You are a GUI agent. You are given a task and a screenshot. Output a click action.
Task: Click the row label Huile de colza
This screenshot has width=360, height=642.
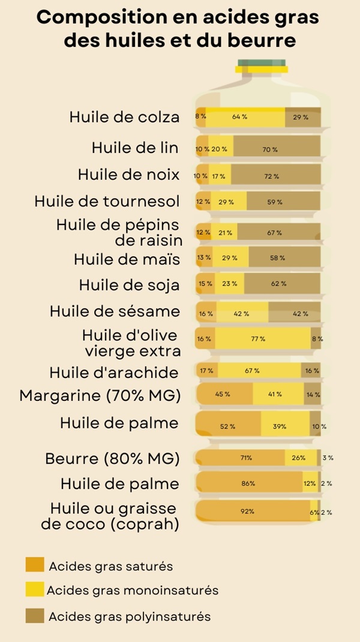click(x=124, y=117)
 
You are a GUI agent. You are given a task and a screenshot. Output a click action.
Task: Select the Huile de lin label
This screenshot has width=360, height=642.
click(x=135, y=147)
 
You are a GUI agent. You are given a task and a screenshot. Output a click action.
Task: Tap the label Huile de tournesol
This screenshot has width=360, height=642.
click(x=107, y=202)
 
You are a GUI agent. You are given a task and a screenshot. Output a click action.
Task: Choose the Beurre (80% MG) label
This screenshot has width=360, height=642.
click(x=112, y=459)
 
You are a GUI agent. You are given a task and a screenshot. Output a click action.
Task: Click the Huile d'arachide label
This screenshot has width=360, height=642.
click(x=114, y=373)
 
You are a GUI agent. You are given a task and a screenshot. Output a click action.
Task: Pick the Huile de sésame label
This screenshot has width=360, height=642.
click(x=115, y=311)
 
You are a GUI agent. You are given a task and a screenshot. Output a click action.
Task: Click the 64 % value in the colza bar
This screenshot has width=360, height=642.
click(x=240, y=117)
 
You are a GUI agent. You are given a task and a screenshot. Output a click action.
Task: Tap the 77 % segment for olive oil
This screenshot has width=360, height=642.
click(x=258, y=339)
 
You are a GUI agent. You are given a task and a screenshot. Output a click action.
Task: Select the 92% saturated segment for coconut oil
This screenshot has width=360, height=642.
click(x=248, y=512)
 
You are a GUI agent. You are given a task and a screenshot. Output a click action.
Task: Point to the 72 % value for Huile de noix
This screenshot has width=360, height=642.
click(x=272, y=176)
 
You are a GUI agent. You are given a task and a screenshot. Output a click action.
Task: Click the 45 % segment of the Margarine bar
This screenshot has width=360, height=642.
click(x=223, y=394)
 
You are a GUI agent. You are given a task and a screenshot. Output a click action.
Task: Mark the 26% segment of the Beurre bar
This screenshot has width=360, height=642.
click(x=298, y=458)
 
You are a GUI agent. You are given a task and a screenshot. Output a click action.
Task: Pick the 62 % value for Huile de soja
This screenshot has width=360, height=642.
click(x=278, y=283)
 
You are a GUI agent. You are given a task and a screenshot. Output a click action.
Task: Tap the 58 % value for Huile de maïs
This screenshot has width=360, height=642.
click(x=278, y=257)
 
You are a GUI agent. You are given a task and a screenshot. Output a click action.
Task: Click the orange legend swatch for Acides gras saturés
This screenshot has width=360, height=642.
click(x=35, y=565)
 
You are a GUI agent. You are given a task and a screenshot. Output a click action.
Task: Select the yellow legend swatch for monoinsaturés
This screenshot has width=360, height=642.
click(x=35, y=589)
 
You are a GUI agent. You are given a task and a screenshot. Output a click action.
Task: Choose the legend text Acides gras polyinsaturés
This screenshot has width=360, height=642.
click(x=130, y=616)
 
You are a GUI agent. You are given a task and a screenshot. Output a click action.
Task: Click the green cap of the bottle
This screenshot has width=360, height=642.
click(x=262, y=62)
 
